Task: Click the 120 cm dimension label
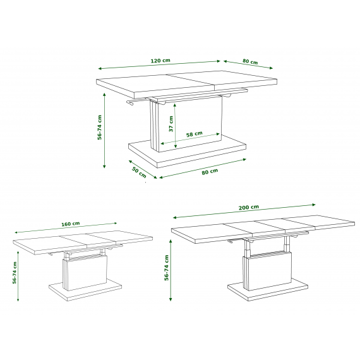click(160, 61)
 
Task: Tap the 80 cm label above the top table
click(250, 61)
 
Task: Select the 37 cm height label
click(171, 124)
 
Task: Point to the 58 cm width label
click(195, 134)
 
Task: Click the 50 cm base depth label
click(139, 172)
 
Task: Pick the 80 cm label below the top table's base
click(210, 172)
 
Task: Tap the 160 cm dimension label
click(71, 224)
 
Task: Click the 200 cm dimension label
click(249, 207)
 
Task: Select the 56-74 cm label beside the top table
click(99, 127)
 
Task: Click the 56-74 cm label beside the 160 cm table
click(15, 273)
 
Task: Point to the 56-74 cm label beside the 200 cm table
click(167, 268)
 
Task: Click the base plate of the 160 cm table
click(85, 290)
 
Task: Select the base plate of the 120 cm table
click(187, 152)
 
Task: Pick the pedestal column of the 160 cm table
click(85, 272)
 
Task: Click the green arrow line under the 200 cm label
click(244, 211)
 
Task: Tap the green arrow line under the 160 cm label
click(66, 227)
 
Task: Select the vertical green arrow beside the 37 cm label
click(175, 126)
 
